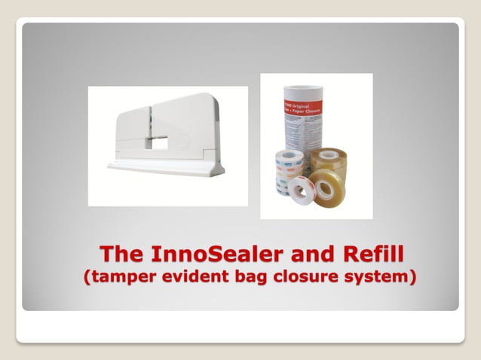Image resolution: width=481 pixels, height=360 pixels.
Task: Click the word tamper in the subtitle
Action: click(124, 276)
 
